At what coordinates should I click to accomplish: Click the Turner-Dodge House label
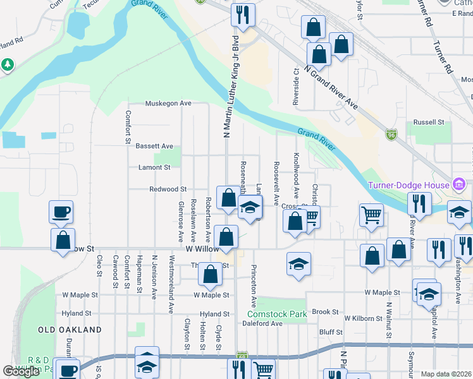point(408,185)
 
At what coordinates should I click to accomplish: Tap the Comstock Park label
point(276,313)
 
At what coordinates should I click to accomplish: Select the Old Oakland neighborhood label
point(70,330)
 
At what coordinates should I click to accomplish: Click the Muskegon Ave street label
point(168,103)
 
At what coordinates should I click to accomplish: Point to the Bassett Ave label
point(154,146)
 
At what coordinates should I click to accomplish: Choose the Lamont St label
point(154,167)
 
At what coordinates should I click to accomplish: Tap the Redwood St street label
point(168,189)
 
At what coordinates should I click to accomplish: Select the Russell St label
point(429,122)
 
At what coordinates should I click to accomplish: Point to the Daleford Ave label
point(262,323)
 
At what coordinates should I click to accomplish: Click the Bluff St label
point(330,332)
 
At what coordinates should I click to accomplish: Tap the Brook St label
point(326,311)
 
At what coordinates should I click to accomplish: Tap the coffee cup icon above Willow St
point(61,212)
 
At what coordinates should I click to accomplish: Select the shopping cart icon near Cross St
point(311,217)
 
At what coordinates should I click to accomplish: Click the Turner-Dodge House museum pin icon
point(459,185)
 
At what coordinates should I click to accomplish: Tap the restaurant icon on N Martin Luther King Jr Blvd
point(243,13)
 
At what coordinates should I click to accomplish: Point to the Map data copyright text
point(445,374)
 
